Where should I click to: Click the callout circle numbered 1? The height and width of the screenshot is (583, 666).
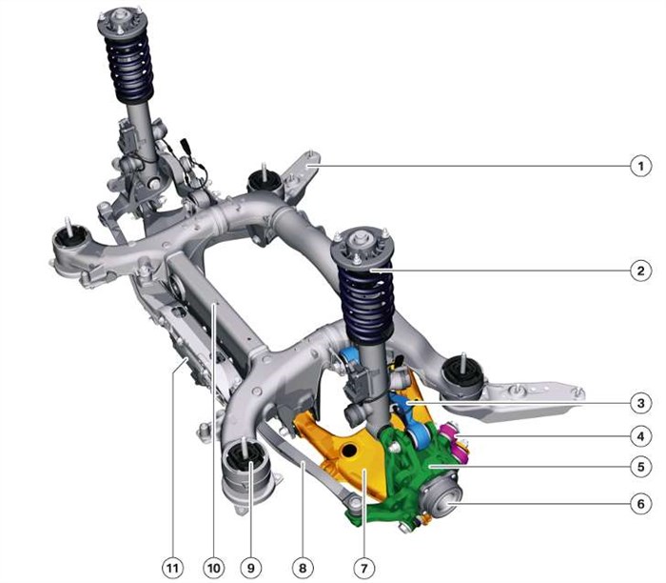640,166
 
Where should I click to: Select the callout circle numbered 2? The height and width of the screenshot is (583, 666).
640,271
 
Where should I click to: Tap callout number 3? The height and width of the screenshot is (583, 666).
640,403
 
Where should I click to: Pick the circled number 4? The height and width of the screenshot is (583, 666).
640,436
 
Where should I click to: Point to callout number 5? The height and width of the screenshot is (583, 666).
640,467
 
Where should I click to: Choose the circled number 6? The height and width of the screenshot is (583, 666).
640,504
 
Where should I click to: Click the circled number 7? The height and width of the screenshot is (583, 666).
364,568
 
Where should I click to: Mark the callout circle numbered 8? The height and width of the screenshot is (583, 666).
303,568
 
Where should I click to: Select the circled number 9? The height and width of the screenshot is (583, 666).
250,568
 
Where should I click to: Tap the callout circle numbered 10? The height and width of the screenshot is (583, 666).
214,568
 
